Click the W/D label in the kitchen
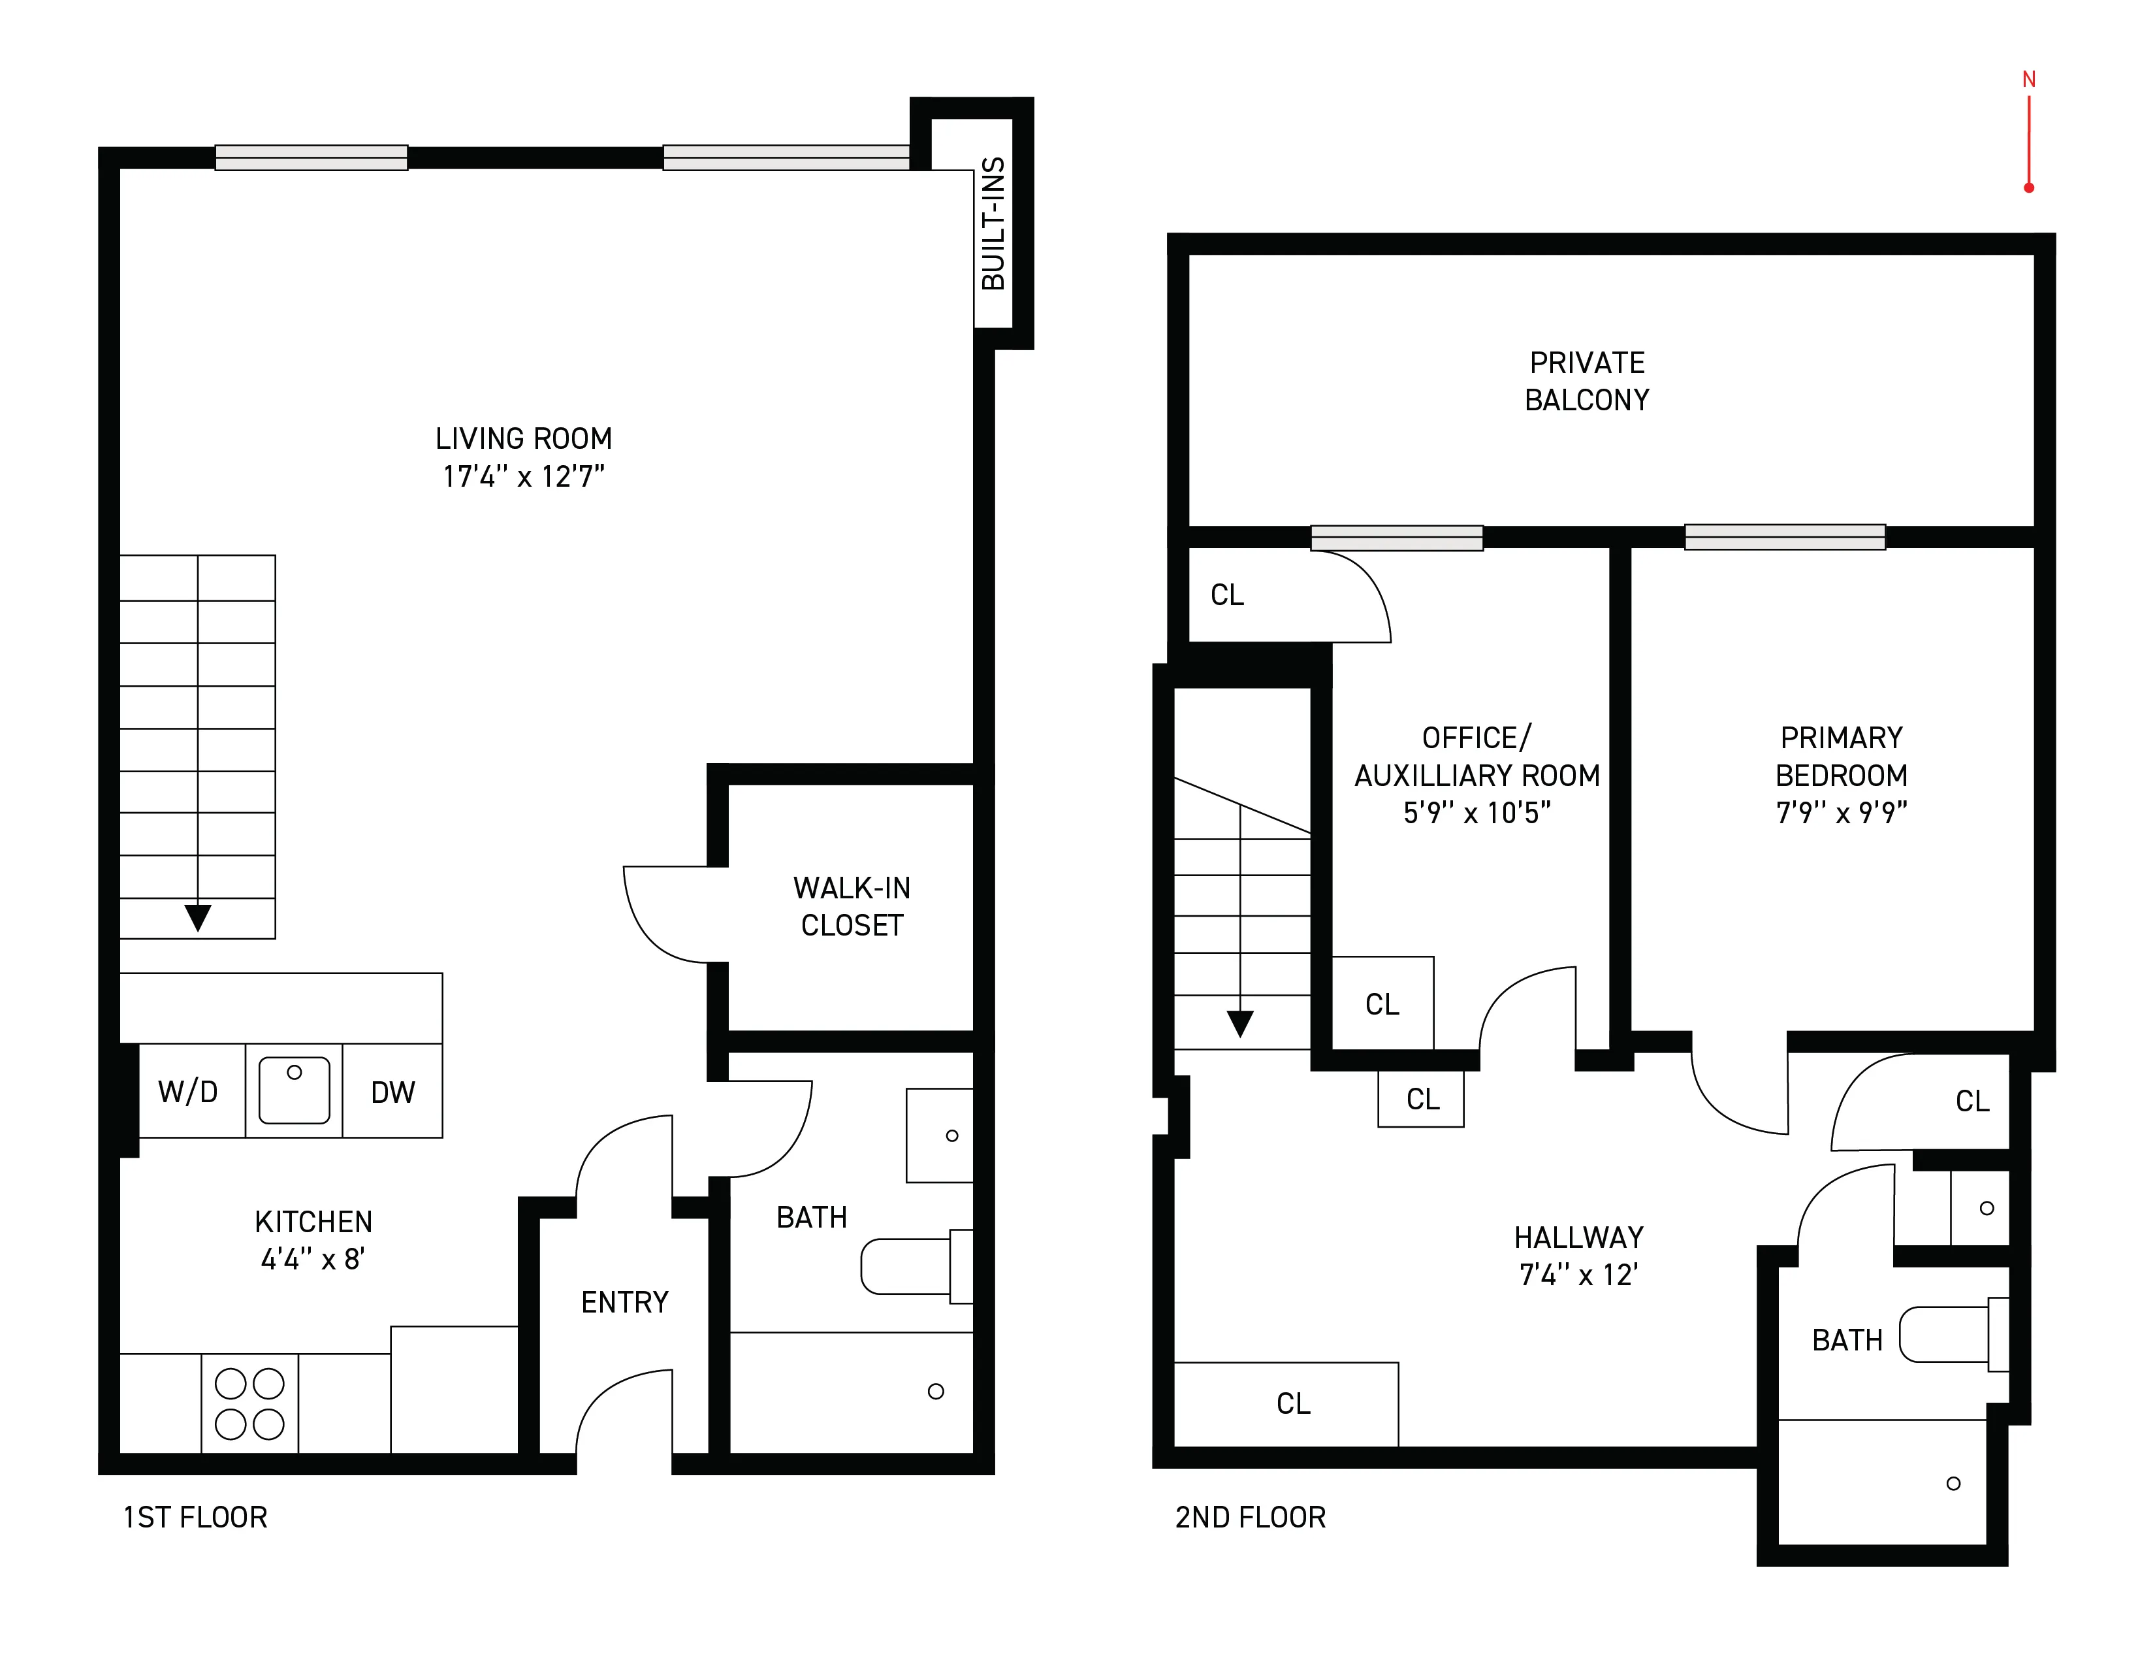pyautogui.click(x=187, y=1092)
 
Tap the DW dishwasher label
pyautogui.click(x=392, y=1092)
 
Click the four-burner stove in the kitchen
pyautogui.click(x=249, y=1403)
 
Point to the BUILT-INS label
pyautogui.click(x=993, y=224)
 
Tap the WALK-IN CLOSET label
pyautogui.click(x=852, y=906)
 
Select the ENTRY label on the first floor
pyautogui.click(x=624, y=1302)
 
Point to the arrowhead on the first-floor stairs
pyautogui.click(x=199, y=917)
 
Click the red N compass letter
pyautogui.click(x=2029, y=80)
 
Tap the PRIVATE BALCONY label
pyautogui.click(x=1587, y=381)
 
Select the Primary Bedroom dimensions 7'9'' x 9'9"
pyautogui.click(x=1842, y=812)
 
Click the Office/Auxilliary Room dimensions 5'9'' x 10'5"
pyautogui.click(x=1477, y=812)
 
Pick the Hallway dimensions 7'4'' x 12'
pyautogui.click(x=1579, y=1275)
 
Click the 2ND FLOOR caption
pyautogui.click(x=1250, y=1517)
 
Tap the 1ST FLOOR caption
pyautogui.click(x=195, y=1517)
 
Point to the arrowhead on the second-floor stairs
pyautogui.click(x=1240, y=1024)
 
